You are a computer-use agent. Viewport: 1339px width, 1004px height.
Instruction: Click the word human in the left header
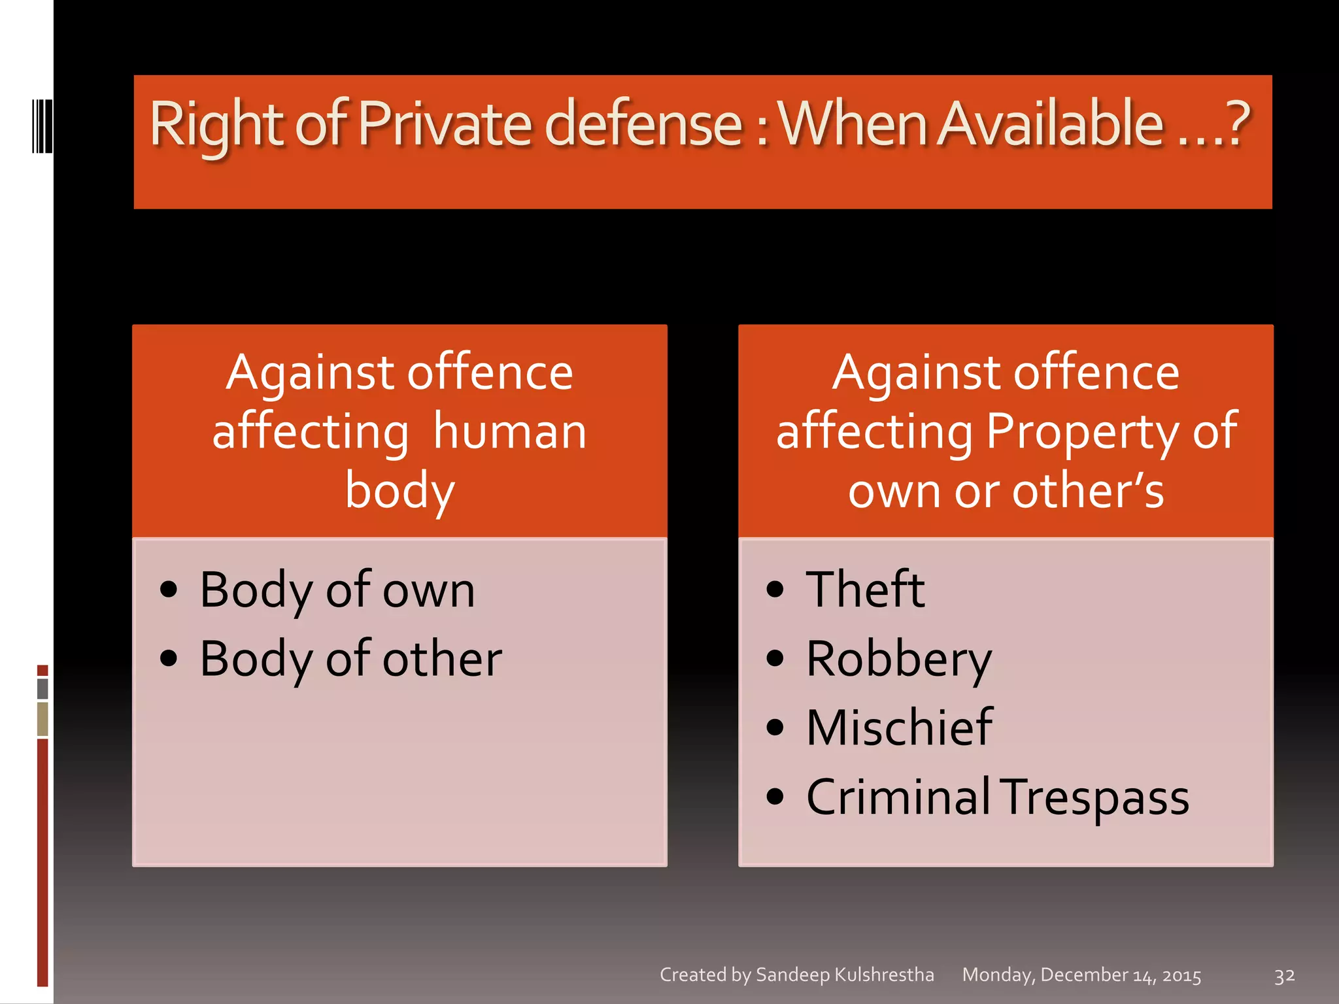pos(510,432)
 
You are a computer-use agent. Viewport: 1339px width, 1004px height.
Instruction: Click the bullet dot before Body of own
pos(169,590)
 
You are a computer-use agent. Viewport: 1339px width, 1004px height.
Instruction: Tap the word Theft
pos(865,590)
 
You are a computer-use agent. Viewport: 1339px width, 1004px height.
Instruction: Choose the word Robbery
pos(899,659)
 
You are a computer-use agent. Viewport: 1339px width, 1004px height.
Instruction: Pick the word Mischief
pos(899,728)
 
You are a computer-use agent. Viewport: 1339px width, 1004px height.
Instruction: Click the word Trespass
pos(1094,797)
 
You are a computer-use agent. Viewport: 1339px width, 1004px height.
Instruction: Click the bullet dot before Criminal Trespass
pos(775,797)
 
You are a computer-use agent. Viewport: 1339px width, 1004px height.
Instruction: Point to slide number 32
pos(1284,976)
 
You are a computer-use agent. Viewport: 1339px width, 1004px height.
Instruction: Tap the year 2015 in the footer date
pos(1181,976)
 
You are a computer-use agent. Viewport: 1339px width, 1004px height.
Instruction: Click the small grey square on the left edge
pos(42,688)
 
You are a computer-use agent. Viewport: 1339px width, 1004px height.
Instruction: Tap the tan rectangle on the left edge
pos(42,718)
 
